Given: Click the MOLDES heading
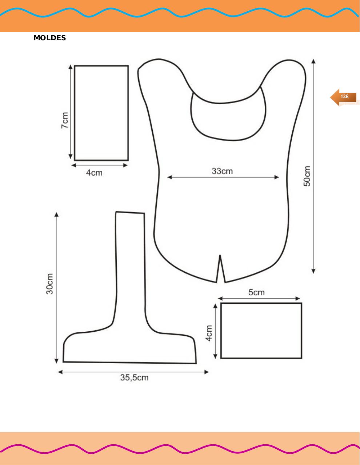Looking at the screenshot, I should [50, 38].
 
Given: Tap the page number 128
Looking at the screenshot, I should [344, 97].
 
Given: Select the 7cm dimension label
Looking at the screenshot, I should [64, 120].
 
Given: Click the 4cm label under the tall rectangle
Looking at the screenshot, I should [94, 173].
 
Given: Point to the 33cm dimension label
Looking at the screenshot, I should [222, 171].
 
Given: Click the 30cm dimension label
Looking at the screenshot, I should [50, 284].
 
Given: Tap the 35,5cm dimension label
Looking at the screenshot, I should [134, 378].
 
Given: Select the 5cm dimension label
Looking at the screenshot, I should [256, 292].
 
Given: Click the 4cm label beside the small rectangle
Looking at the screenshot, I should [209, 333].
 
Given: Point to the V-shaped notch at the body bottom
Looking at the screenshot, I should [220, 269].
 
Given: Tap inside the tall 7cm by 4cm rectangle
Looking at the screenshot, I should [101, 113].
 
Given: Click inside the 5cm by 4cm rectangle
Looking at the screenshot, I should [261, 331].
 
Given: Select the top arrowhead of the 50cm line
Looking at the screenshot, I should [313, 60].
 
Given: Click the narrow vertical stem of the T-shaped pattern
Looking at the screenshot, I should [131, 262].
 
